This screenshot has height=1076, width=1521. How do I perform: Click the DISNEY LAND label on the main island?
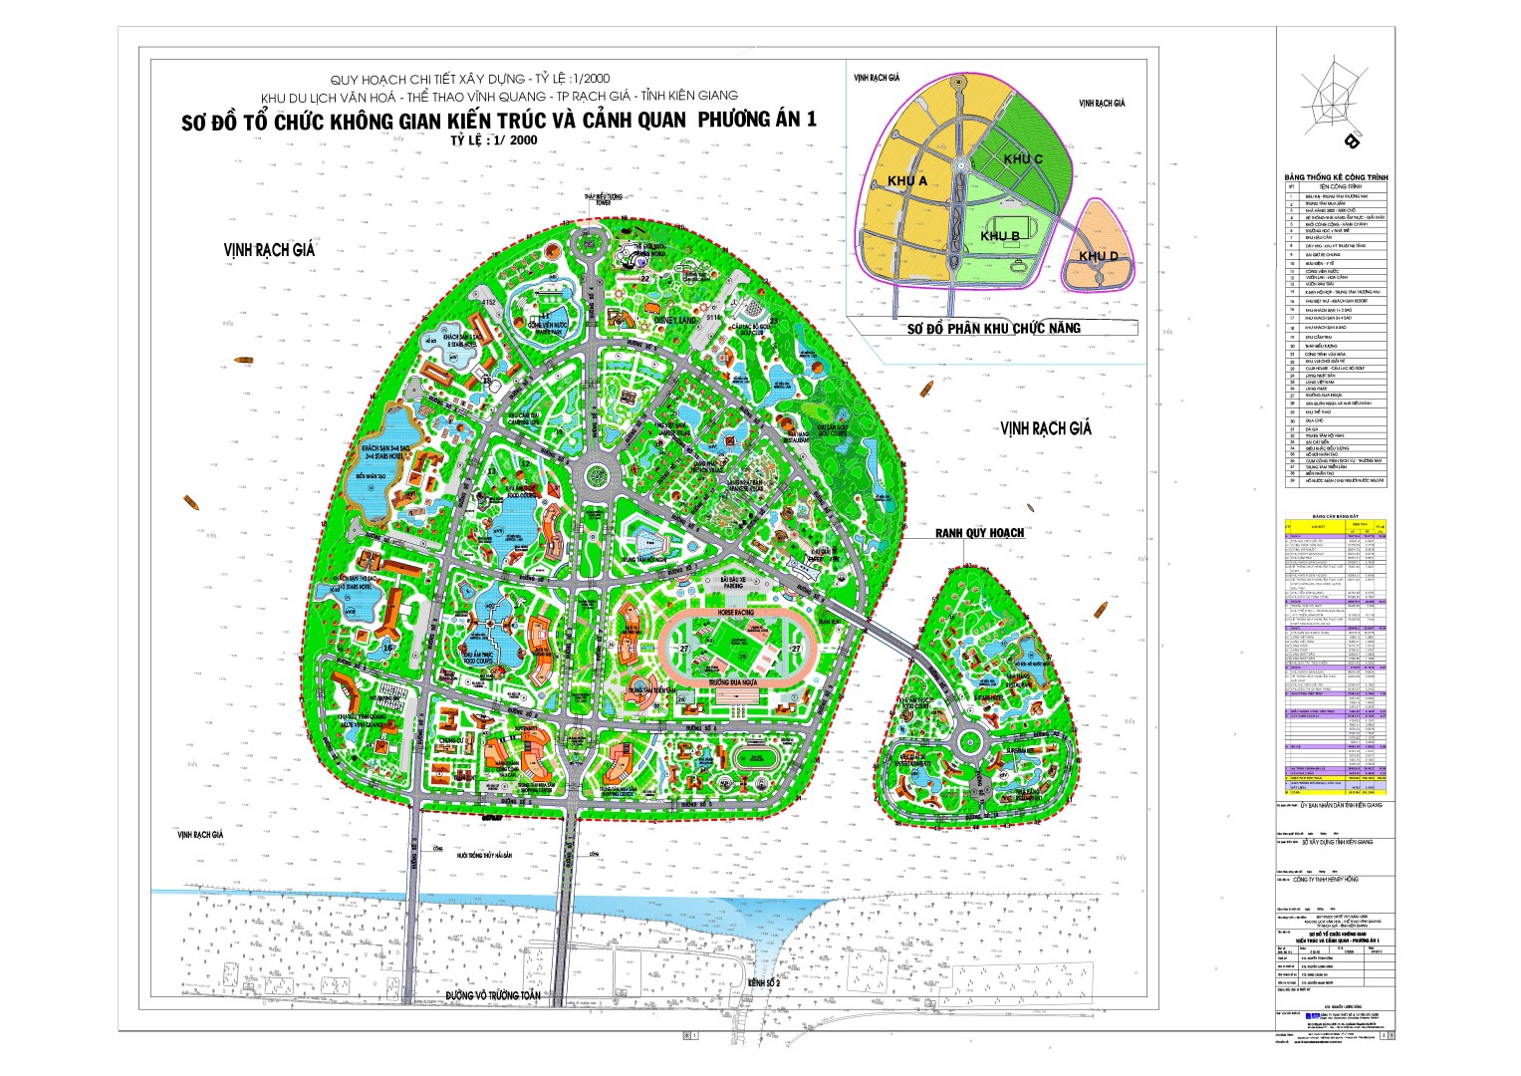point(674,321)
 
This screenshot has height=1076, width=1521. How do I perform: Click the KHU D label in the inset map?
point(1098,256)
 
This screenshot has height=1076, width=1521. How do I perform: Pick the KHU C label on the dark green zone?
point(1023,159)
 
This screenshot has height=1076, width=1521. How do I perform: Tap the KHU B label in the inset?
point(999,236)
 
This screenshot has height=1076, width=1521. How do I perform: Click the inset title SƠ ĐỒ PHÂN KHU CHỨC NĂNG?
point(993,328)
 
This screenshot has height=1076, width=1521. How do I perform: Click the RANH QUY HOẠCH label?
point(979,533)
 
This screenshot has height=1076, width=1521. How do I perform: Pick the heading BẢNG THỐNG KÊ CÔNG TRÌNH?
point(1336,177)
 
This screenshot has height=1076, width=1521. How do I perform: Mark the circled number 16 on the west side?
point(388,647)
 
